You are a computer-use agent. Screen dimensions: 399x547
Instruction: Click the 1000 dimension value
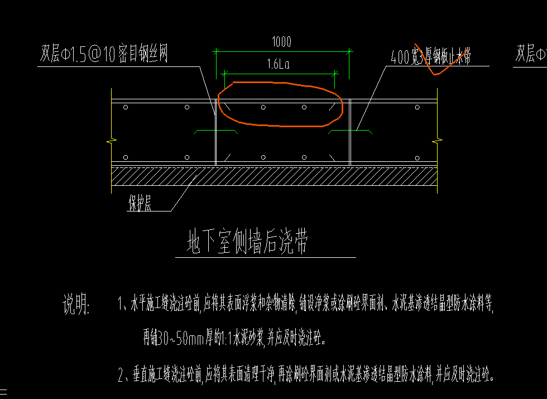tap(281, 42)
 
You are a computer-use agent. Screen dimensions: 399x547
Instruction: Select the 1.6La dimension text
tap(277, 64)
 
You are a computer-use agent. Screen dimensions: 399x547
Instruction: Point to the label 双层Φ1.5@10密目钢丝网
tap(104, 55)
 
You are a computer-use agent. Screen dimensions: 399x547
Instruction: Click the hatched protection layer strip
tap(273, 177)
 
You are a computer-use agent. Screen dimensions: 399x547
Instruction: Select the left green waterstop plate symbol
tap(215, 132)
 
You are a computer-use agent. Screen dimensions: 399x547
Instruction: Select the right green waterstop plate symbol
tap(350, 132)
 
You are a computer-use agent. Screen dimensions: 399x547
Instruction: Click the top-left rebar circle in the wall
tap(126, 107)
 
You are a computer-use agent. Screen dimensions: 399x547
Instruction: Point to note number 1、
tap(123, 305)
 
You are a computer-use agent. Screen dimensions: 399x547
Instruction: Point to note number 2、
tap(123, 374)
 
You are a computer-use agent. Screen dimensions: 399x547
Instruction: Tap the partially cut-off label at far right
tap(530, 55)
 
